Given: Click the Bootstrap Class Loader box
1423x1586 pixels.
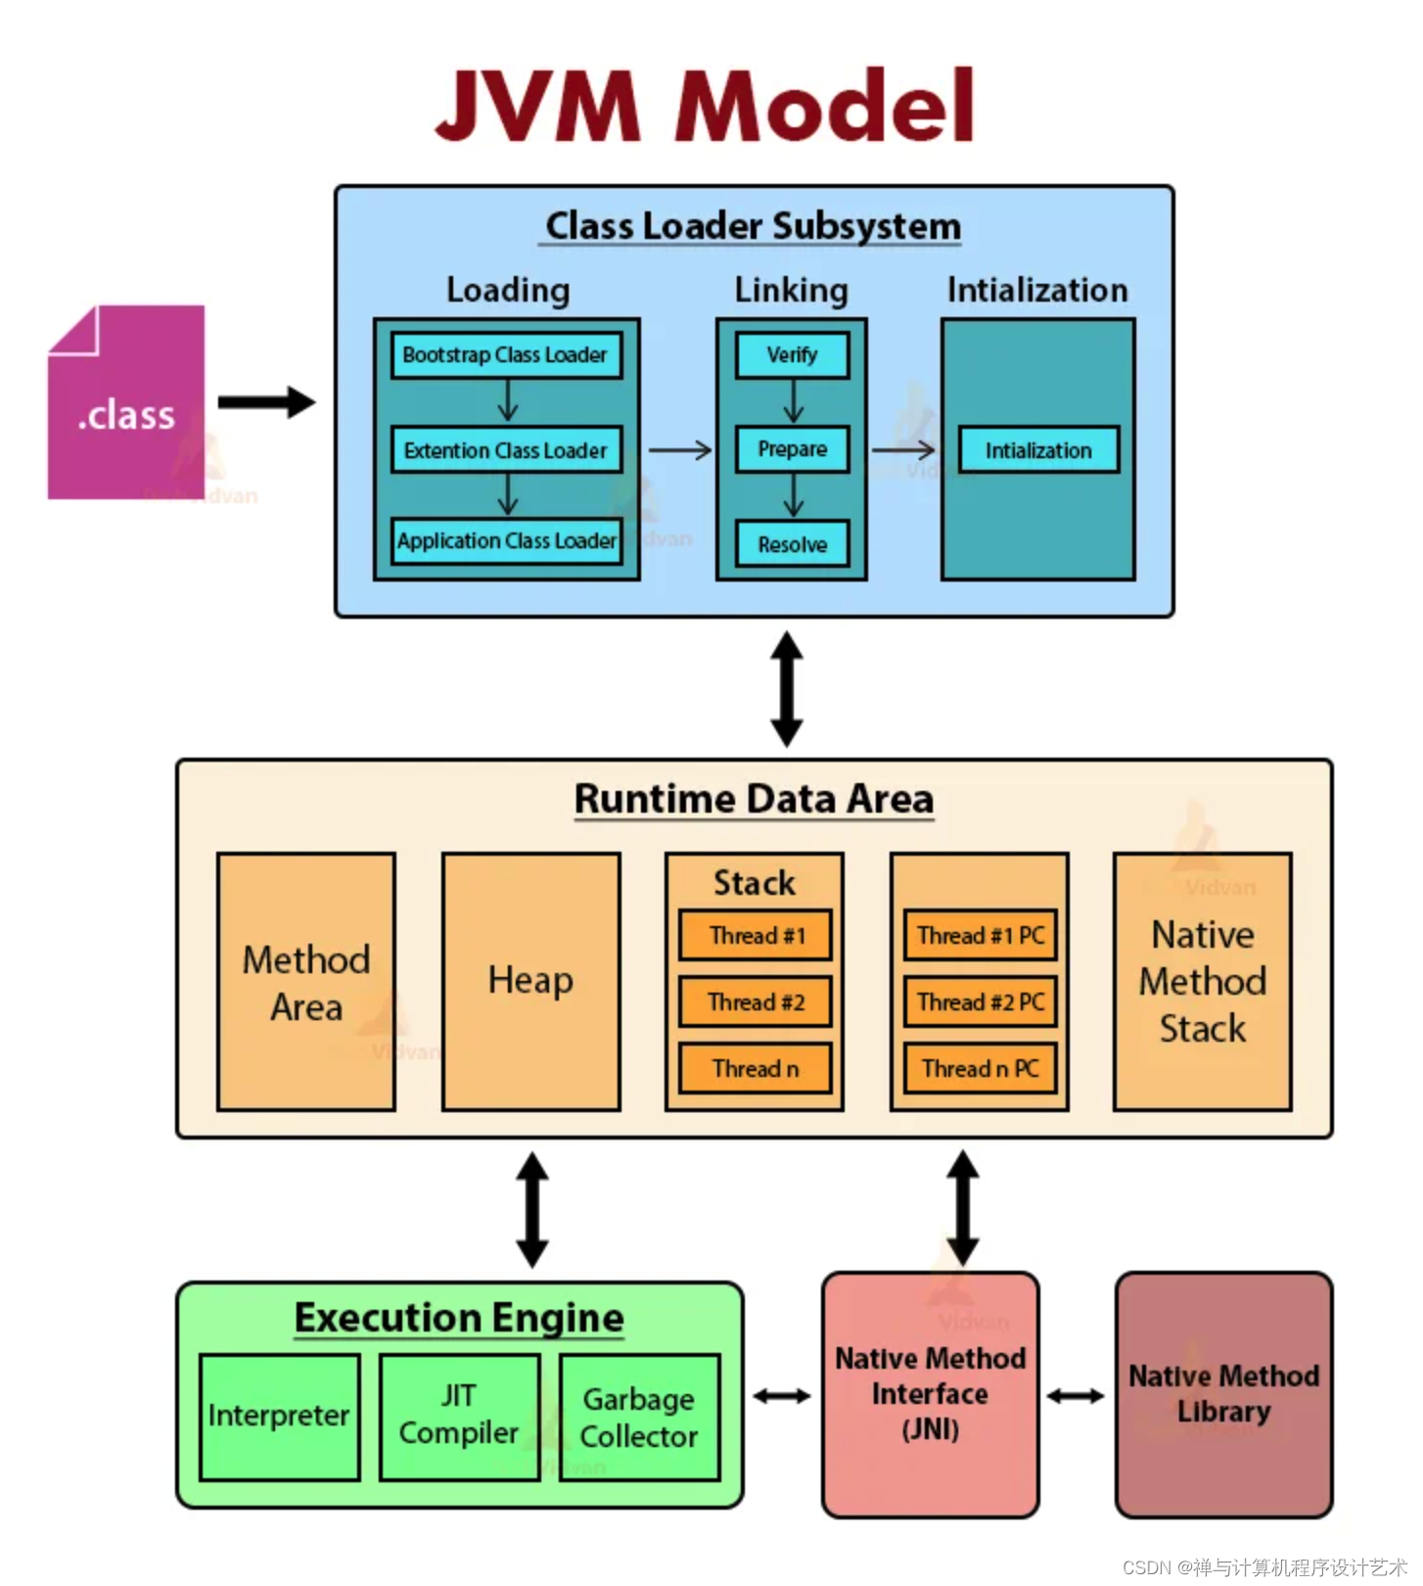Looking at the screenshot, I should point(506,355).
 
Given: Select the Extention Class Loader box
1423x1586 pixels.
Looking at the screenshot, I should point(506,450).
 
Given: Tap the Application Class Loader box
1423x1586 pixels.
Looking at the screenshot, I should point(506,540).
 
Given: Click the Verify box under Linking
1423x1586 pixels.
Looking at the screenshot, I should point(792,355).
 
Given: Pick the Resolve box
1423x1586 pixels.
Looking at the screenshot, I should point(792,544).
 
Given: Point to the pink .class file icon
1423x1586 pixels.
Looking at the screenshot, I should point(126,403).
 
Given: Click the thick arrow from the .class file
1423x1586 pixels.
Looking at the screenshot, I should point(265,402).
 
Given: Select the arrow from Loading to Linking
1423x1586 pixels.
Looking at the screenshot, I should point(679,450).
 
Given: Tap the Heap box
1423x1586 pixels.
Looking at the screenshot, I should point(530,981).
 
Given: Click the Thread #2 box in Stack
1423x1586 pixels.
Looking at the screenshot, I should point(755,1002).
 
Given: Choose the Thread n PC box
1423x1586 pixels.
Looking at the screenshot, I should point(980,1068).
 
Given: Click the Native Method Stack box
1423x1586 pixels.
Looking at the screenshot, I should point(1202,981).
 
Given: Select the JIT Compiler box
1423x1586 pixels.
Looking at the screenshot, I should point(459,1416).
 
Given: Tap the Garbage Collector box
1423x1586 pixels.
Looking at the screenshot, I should point(639,1417).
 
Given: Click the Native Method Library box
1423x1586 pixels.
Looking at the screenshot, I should point(1223,1394).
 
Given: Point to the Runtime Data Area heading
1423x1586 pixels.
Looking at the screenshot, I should point(754,799).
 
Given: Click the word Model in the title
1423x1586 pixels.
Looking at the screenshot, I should point(825,106).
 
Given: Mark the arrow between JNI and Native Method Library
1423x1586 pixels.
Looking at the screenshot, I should point(1076,1395).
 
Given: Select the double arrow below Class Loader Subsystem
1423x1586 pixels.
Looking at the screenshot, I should point(787,688).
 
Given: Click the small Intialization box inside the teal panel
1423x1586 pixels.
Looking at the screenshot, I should point(1037,450).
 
